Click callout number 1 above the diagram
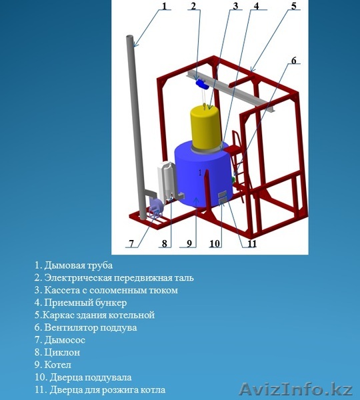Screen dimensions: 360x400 click(164, 5)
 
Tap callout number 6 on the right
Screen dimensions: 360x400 click(294, 61)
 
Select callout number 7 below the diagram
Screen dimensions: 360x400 click(131, 244)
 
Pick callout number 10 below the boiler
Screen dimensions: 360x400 click(215, 244)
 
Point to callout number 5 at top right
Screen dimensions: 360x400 click(294, 5)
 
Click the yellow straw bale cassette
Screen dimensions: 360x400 click(206, 127)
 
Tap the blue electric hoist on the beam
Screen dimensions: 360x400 click(202, 84)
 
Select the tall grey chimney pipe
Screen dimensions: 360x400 click(137, 127)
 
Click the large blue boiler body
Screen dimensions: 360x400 click(204, 176)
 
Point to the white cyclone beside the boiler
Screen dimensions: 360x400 click(167, 180)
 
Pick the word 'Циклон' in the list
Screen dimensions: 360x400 click(62, 352)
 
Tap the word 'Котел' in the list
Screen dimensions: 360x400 click(57, 365)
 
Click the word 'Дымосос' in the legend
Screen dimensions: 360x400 click(65, 340)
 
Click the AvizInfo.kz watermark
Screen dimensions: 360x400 click(296, 389)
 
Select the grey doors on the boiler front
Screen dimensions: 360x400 click(223, 198)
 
